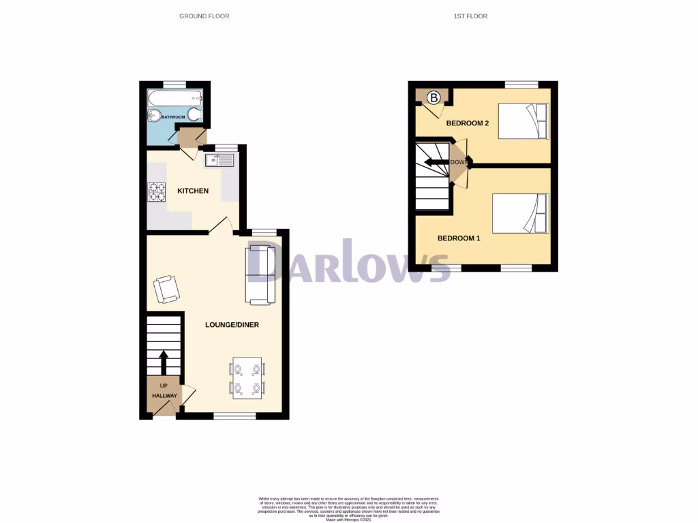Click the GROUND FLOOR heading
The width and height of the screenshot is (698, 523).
point(204,16)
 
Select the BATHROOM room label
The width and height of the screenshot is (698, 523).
point(173,117)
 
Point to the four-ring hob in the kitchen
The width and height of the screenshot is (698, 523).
point(156,193)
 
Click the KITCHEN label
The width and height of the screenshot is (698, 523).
point(193,191)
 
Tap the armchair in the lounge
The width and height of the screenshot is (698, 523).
point(167,289)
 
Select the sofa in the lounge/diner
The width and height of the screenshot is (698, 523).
point(260,274)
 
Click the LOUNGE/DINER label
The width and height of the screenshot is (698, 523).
point(232,325)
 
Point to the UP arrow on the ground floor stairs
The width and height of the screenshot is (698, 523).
point(164,360)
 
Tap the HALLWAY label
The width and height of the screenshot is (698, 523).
point(164,396)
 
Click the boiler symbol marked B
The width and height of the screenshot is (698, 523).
point(434,98)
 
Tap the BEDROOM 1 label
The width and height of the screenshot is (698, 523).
point(459,238)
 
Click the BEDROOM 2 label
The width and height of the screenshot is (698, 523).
point(468,123)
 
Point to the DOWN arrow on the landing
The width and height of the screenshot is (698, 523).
point(436,162)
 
